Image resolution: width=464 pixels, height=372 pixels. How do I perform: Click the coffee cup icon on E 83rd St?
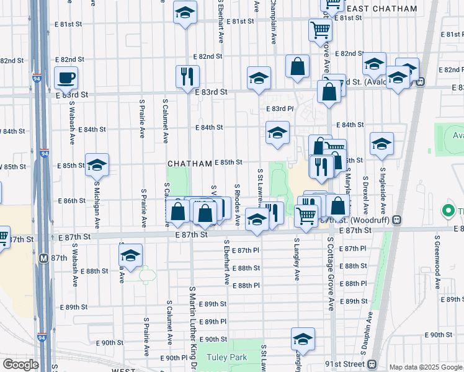[66, 78]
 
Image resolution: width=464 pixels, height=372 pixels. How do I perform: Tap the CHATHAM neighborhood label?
[190, 164]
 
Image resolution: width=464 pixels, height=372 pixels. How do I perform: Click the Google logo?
[20, 365]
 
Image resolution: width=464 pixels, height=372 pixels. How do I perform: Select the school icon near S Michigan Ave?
[97, 166]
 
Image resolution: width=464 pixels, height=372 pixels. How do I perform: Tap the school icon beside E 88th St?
[130, 255]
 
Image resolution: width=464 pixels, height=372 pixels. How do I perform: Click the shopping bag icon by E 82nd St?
[298, 67]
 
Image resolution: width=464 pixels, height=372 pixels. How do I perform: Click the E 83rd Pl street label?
[279, 108]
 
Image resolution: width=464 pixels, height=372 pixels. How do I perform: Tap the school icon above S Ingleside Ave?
[381, 144]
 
